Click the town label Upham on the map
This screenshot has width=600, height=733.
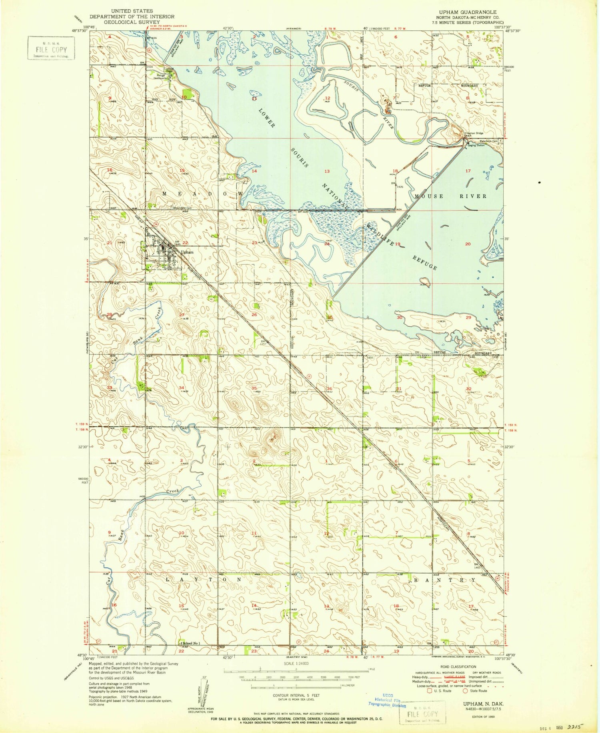(x=187, y=252)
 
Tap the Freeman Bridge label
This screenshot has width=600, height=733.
(x=474, y=133)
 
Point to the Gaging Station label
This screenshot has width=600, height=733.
(x=476, y=145)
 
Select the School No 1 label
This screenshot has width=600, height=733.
(x=191, y=643)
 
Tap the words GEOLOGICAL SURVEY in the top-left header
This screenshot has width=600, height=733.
(x=132, y=22)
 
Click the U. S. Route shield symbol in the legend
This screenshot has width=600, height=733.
(x=430, y=691)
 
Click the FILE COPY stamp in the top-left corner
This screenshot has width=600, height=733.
(x=51, y=48)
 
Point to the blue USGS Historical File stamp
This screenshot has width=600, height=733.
(x=386, y=701)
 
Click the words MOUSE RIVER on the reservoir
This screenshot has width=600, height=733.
(x=451, y=196)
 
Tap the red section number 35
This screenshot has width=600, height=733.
(x=254, y=388)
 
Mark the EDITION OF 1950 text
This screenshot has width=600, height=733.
(x=483, y=717)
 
